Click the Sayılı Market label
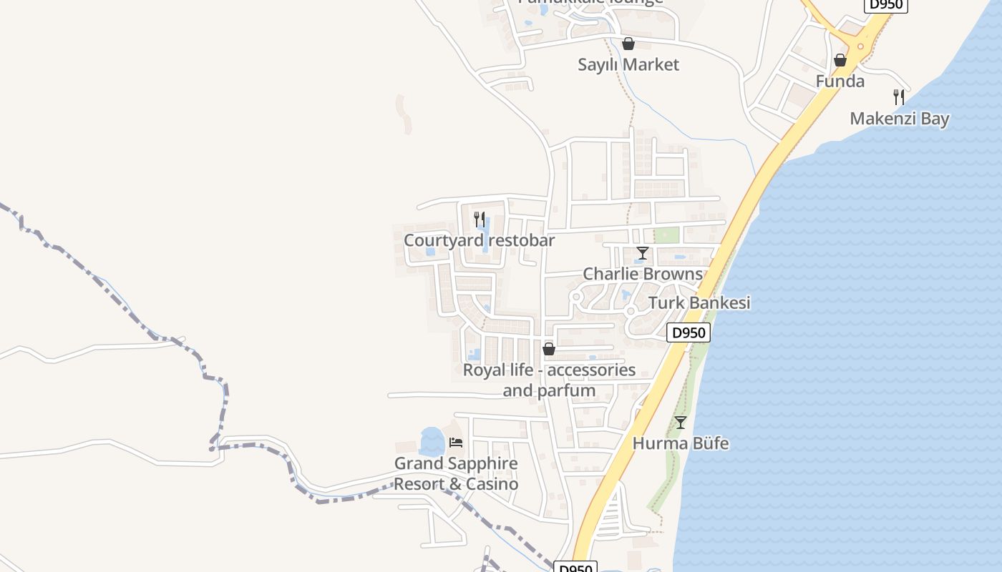628,65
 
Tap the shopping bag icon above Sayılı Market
628,44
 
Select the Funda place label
840,82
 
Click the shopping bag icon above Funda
840,60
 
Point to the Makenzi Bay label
899,119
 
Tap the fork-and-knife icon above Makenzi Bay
899,97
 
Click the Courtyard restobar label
479,240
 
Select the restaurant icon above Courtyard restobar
480,219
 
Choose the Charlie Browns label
643,274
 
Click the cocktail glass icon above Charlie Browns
643,253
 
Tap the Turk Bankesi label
699,303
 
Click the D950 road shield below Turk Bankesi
689,332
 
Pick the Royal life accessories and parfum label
549,380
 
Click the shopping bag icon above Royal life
549,349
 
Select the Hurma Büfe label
681,443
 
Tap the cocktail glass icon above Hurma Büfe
681,423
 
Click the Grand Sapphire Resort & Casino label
456,473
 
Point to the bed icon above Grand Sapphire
456,442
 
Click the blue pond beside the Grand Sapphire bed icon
432,441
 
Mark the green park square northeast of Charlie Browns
666,235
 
